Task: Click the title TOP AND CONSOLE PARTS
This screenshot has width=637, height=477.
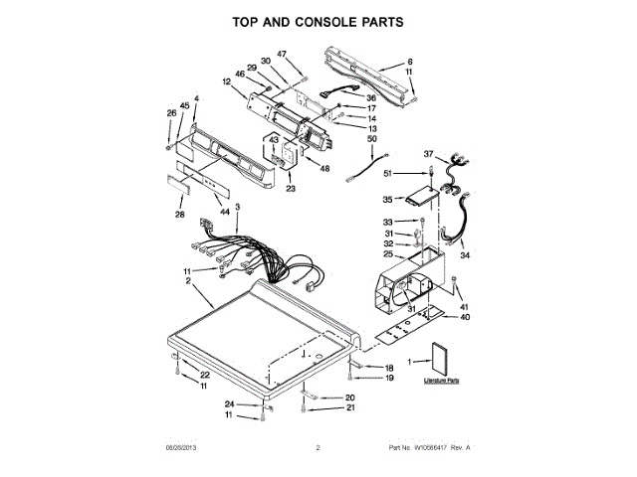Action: point(318,21)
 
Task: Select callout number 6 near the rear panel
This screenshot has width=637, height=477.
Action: point(409,62)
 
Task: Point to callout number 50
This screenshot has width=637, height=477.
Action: point(372,140)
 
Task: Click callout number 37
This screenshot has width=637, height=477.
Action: point(429,154)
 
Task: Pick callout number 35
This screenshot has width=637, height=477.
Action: point(389,199)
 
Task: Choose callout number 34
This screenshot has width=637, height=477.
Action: point(465,255)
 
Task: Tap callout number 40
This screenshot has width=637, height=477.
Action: point(464,317)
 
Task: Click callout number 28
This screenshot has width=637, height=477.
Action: point(180,215)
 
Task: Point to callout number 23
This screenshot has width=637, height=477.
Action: point(291,188)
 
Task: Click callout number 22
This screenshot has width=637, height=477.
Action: point(205,374)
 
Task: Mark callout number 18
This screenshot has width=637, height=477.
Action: point(390,368)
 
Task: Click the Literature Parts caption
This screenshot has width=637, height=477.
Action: point(441,381)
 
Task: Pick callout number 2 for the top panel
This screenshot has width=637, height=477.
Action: point(188,281)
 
